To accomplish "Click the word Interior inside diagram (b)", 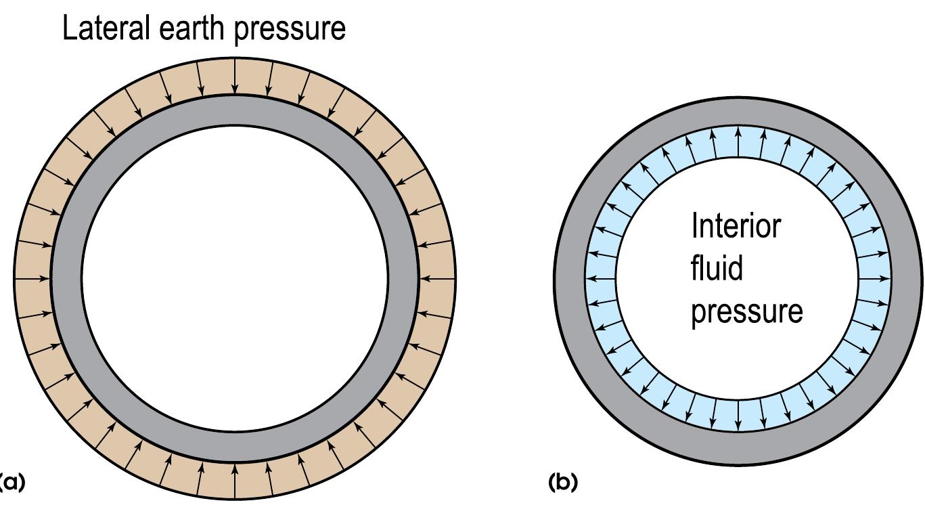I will click(736, 225).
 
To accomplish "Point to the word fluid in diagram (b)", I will click(707, 268).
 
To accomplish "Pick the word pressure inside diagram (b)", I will click(746, 312).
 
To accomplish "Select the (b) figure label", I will click(562, 482).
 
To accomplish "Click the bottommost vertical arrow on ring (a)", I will click(234, 481).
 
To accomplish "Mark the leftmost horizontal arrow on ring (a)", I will click(32, 278).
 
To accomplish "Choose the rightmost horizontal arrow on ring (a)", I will click(436, 278).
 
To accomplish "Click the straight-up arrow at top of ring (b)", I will click(738, 142).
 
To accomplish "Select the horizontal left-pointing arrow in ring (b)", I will click(601, 278).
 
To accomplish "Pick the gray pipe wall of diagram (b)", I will click(568, 278).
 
